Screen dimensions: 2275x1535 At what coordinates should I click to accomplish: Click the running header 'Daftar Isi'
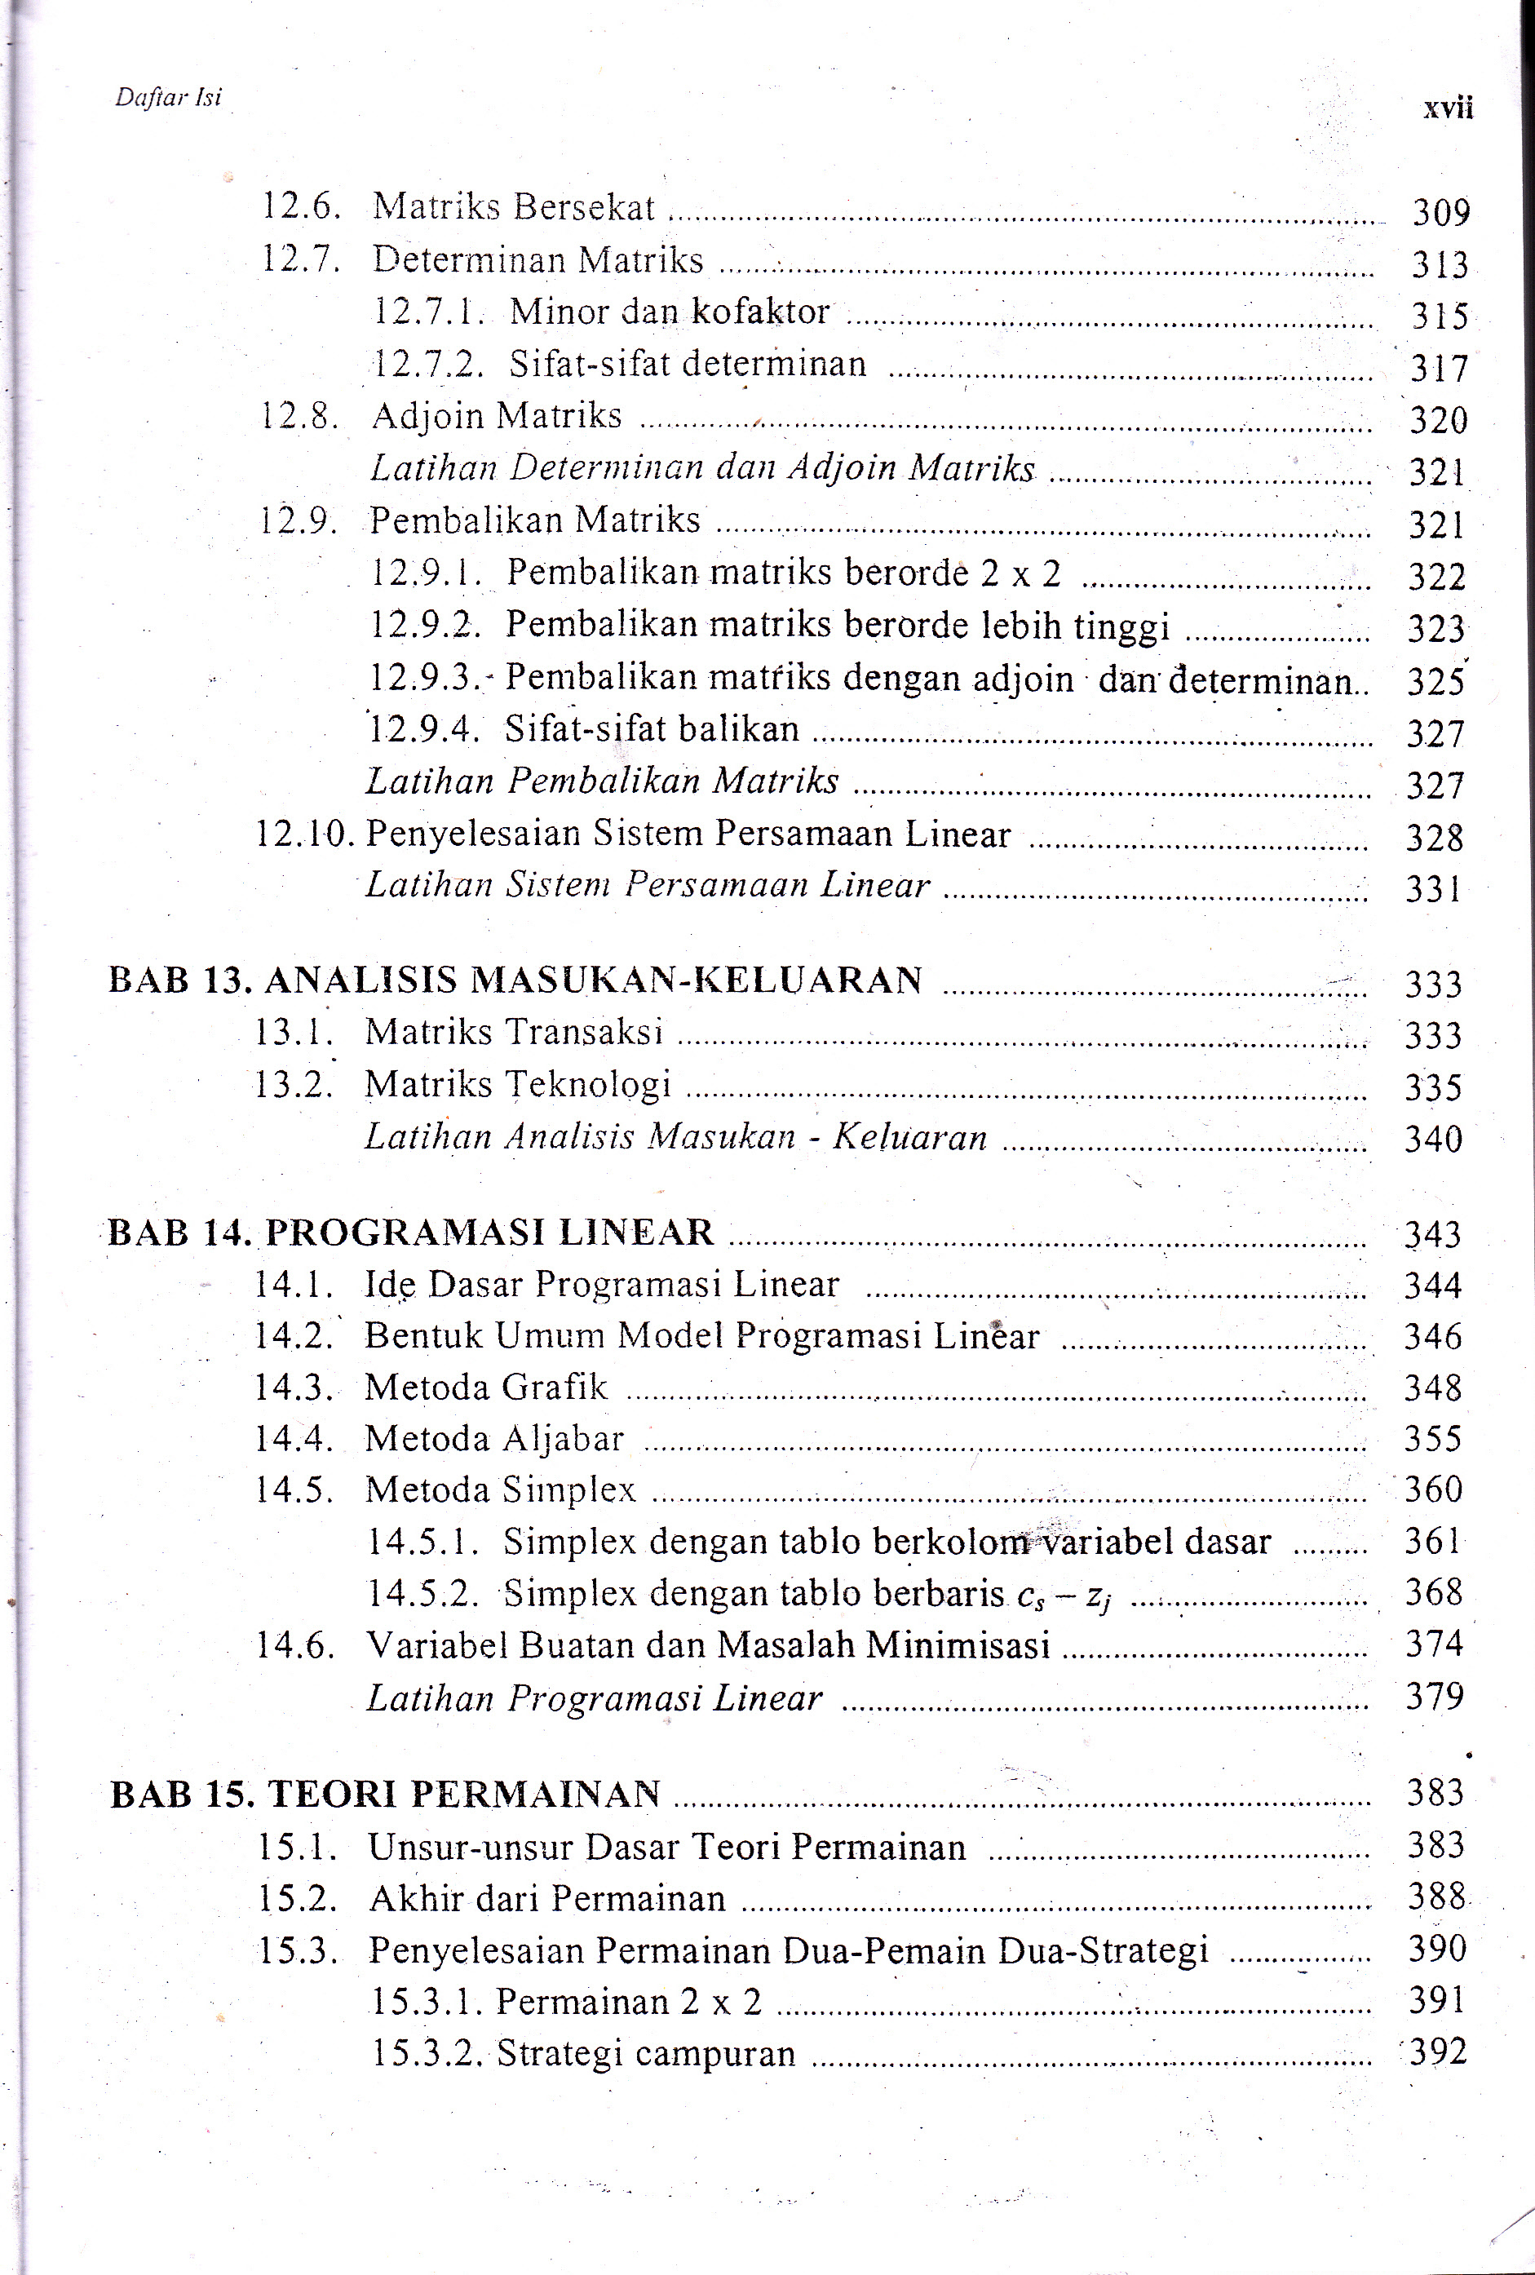coord(168,97)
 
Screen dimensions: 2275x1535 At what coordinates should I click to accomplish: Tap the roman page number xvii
coord(1447,108)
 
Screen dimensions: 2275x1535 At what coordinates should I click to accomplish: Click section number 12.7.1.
coord(429,312)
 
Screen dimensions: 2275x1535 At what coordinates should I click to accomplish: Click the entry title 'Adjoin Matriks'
coord(497,416)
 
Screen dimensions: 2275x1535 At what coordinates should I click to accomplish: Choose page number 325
coord(1435,681)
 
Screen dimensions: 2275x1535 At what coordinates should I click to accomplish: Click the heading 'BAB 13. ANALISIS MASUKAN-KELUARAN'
coord(515,980)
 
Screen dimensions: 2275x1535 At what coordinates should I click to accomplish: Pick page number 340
coord(1433,1139)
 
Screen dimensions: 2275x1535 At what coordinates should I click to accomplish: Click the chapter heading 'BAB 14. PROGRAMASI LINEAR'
coord(411,1232)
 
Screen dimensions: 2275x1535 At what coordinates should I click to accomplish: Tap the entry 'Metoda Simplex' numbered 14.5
coord(500,1490)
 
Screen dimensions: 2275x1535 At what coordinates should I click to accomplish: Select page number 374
coord(1434,1644)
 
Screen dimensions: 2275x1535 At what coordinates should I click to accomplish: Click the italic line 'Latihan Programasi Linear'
coord(595,1697)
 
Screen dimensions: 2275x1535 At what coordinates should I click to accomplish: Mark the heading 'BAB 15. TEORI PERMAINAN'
coord(386,1795)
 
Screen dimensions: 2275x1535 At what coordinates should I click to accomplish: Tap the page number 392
coord(1437,2051)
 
